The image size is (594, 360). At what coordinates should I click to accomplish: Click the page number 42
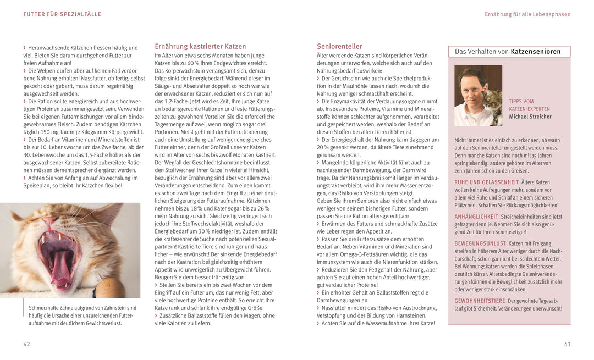(x=26, y=344)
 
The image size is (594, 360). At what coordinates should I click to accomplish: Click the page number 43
(x=567, y=344)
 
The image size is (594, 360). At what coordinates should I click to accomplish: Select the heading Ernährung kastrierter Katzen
(x=200, y=47)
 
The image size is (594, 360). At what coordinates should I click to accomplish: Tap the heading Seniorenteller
(x=339, y=47)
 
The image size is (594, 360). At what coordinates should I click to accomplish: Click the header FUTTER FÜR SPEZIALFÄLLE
(x=62, y=14)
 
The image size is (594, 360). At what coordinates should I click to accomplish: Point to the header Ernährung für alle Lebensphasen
(x=527, y=14)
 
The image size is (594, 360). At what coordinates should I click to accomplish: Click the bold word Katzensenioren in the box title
(x=536, y=52)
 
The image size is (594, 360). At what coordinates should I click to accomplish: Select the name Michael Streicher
(x=530, y=117)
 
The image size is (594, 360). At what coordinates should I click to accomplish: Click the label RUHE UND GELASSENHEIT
(x=487, y=182)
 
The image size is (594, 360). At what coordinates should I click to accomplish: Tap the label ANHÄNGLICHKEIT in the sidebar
(x=476, y=217)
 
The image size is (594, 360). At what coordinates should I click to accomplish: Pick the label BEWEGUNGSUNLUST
(x=480, y=243)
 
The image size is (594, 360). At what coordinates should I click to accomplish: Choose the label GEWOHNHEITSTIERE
(x=480, y=301)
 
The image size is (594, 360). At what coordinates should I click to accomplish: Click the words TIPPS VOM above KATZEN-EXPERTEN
(x=521, y=102)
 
